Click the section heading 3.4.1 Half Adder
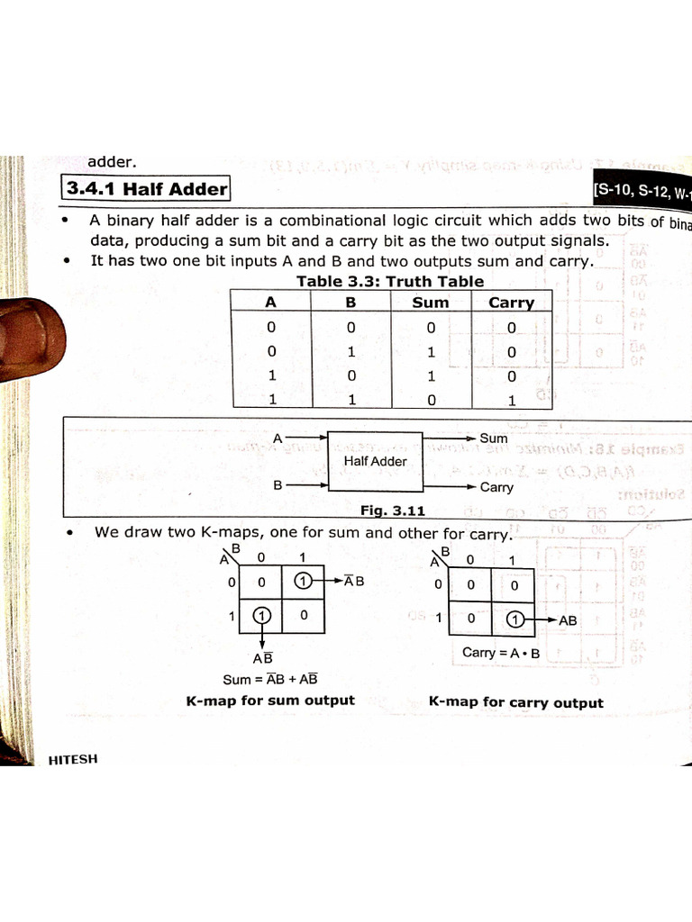click(x=146, y=189)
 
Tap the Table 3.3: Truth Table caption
click(x=390, y=281)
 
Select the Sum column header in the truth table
click(x=430, y=303)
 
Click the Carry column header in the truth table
click(x=511, y=303)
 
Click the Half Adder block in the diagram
click(x=375, y=461)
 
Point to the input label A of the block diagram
click(x=278, y=438)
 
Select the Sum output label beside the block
click(x=494, y=438)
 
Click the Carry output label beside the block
click(x=496, y=487)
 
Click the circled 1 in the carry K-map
click(x=514, y=619)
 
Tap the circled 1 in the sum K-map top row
click(x=304, y=581)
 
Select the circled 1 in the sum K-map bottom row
click(x=261, y=616)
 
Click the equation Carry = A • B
click(x=500, y=653)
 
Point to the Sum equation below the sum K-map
click(x=270, y=680)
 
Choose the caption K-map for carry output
click(x=515, y=702)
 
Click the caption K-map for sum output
click(x=270, y=701)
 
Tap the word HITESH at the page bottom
click(x=72, y=759)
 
